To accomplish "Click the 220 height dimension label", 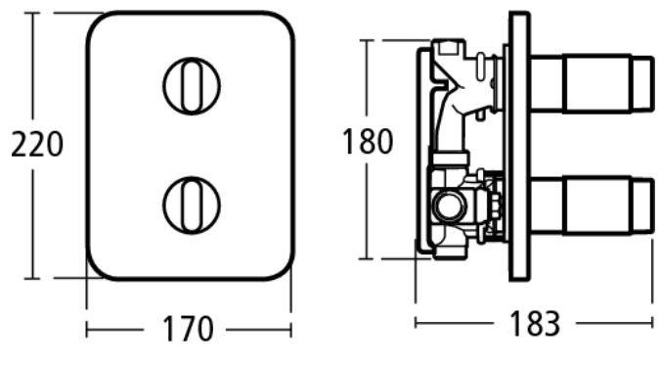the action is click(37, 145).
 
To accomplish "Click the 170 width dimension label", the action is click(188, 329).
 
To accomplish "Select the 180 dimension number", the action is click(368, 141).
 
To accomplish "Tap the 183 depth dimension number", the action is click(535, 323).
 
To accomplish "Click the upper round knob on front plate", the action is click(192, 86).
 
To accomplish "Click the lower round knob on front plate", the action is click(192, 205).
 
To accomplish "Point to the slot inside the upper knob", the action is click(192, 86).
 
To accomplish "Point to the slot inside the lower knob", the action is click(192, 205).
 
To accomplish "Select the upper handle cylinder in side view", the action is click(592, 83).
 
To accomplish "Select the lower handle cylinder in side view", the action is click(592, 205).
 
